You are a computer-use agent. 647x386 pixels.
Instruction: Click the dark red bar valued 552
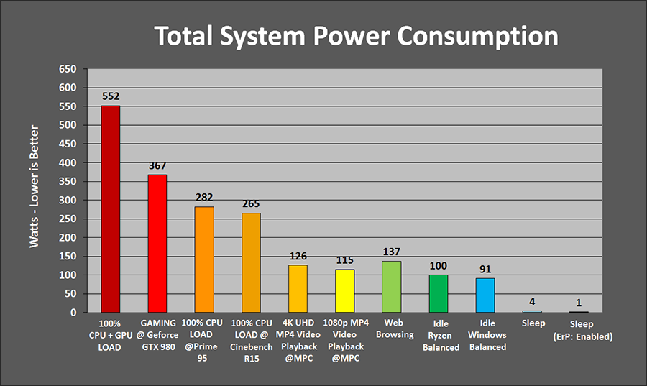[111, 208]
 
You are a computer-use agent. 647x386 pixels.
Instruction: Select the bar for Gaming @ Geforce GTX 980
[157, 243]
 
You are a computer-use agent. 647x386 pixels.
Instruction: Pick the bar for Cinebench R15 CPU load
[251, 262]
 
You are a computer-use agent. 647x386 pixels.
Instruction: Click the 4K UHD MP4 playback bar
[298, 288]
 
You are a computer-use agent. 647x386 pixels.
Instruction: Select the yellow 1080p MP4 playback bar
[344, 290]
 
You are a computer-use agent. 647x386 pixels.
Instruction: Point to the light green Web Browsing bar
[392, 286]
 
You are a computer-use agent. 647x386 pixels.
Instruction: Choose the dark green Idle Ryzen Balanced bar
[439, 293]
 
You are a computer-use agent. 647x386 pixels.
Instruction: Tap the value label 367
[157, 165]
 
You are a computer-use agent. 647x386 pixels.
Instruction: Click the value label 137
[392, 252]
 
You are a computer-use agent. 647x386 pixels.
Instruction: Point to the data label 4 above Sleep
[532, 302]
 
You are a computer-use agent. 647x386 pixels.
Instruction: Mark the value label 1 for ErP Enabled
[579, 303]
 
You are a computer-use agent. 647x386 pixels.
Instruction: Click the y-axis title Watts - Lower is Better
[35, 187]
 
